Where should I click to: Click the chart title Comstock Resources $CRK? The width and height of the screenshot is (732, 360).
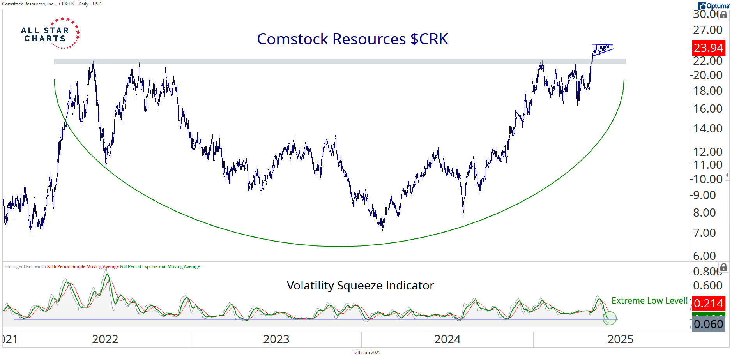pyautogui.click(x=352, y=39)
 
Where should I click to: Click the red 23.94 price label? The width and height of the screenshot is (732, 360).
pyautogui.click(x=708, y=48)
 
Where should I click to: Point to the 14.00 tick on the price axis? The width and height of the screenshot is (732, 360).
pyautogui.click(x=707, y=128)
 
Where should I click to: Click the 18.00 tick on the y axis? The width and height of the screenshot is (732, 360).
pyautogui.click(x=707, y=91)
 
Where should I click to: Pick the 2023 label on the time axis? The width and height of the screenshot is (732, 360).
pyautogui.click(x=276, y=339)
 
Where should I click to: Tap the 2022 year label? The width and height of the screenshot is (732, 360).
pyautogui.click(x=105, y=339)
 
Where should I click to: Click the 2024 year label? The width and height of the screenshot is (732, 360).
pyautogui.click(x=447, y=339)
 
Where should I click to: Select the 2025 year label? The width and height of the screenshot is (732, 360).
pyautogui.click(x=620, y=339)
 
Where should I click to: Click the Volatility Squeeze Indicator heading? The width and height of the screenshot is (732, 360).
pyautogui.click(x=360, y=286)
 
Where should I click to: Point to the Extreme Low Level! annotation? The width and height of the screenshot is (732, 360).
pyautogui.click(x=649, y=300)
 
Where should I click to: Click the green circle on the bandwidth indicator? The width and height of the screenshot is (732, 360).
pyautogui.click(x=609, y=318)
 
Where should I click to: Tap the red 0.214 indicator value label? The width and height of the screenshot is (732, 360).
pyautogui.click(x=708, y=304)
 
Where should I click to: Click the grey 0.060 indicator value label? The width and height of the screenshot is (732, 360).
pyautogui.click(x=708, y=324)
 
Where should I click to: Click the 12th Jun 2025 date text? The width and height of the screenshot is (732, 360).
pyautogui.click(x=366, y=353)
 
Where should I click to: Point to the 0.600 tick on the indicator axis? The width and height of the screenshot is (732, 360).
pyautogui.click(x=707, y=286)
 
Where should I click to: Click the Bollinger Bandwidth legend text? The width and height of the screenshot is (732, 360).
pyautogui.click(x=25, y=267)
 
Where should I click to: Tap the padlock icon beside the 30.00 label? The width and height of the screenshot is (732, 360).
pyautogui.click(x=724, y=15)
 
